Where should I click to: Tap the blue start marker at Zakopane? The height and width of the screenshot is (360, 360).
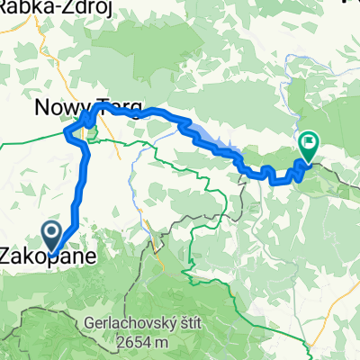(x=53, y=235)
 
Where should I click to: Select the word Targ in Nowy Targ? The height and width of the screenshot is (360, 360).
(x=122, y=110)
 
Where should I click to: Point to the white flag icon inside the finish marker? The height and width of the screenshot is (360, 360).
(x=309, y=140)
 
